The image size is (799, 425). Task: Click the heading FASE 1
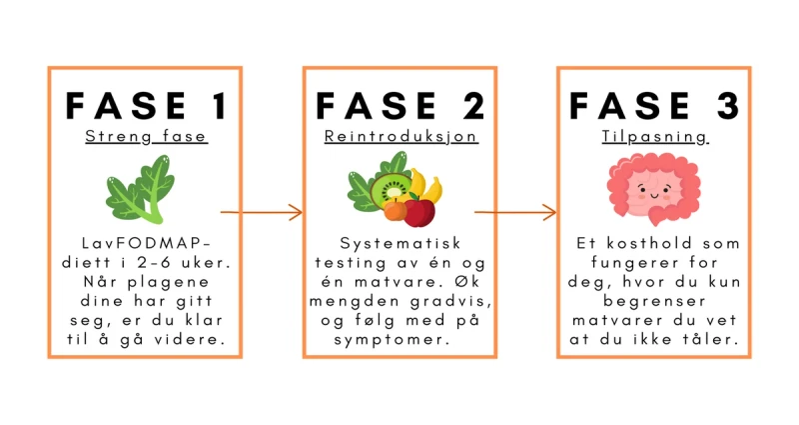(144, 104)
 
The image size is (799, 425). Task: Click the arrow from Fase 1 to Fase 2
(261, 212)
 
